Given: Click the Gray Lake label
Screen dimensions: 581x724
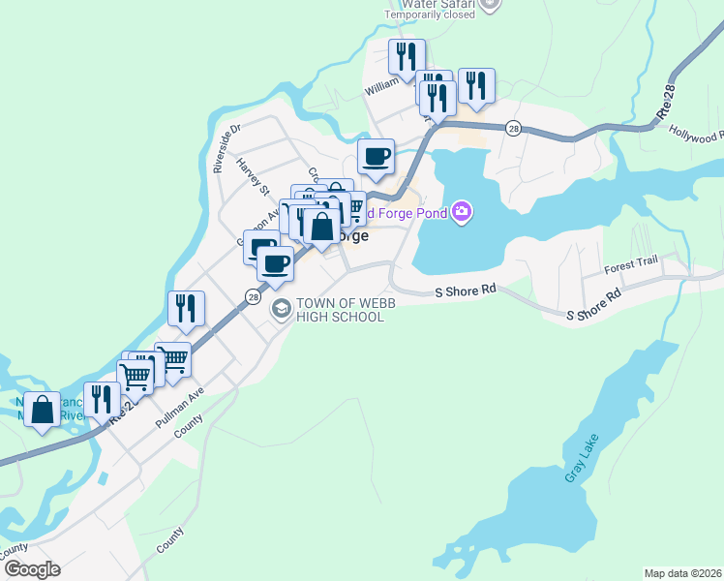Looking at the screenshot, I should (583, 460).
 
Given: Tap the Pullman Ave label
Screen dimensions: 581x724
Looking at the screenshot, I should (180, 411).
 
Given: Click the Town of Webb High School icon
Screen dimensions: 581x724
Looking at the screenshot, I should (282, 309).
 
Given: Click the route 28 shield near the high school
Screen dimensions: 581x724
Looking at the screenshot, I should (252, 297).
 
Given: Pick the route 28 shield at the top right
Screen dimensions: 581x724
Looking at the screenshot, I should (513, 128).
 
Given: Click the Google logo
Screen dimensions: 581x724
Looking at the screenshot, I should (32, 569).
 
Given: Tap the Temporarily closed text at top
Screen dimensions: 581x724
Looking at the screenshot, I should (430, 15).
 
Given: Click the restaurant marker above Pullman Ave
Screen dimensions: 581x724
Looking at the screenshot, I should (185, 308).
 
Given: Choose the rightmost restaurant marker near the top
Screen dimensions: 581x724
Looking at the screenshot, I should (475, 85).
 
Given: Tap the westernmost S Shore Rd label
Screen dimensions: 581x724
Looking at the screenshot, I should (465, 289).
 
